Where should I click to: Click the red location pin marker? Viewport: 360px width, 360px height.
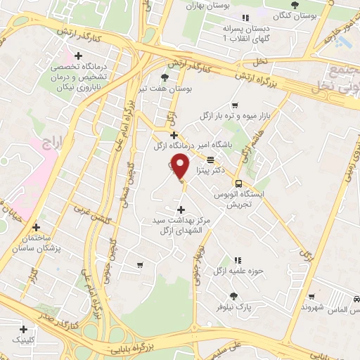tap(181, 167)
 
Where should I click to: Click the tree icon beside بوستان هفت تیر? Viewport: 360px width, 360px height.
tap(165, 77)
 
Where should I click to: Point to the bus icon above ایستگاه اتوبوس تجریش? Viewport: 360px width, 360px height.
tap(238, 181)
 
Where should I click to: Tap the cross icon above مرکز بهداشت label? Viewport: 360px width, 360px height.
tap(181, 210)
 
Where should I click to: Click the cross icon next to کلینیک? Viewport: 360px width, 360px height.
tap(23, 328)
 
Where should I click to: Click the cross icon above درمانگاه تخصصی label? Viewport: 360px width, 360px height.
tap(78, 56)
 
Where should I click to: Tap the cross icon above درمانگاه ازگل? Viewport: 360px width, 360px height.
tap(174, 134)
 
